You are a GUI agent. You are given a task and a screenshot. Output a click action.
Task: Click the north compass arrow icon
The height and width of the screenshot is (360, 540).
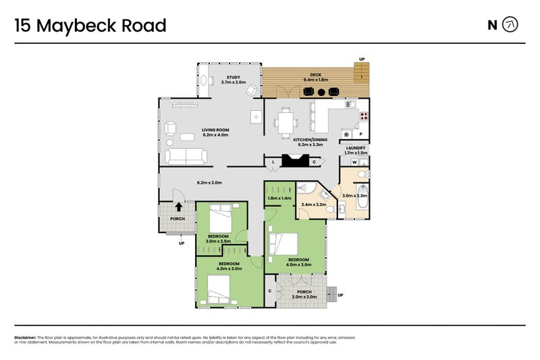(x=511, y=26)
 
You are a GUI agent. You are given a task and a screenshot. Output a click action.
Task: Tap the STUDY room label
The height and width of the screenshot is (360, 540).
(x=234, y=77)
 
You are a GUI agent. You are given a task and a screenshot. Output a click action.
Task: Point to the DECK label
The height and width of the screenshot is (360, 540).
(x=315, y=74)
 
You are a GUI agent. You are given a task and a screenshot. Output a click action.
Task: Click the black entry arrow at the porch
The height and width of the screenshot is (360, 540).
(x=179, y=208)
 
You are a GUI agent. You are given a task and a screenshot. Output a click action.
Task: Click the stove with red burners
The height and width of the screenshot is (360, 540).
(x=363, y=115)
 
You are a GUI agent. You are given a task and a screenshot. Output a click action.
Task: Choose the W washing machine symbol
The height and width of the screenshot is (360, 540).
(x=354, y=162)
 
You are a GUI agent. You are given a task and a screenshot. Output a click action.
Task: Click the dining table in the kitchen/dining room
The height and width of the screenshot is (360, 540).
(x=284, y=122)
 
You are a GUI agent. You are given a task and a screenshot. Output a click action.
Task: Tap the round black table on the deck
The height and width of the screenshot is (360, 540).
(x=322, y=92)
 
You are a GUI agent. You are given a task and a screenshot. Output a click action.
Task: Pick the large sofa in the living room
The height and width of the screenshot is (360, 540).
(x=186, y=157)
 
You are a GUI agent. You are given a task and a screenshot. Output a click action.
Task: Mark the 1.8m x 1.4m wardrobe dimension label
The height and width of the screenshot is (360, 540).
(x=279, y=198)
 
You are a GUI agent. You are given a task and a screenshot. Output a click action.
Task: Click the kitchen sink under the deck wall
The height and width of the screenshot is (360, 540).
(x=349, y=104)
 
